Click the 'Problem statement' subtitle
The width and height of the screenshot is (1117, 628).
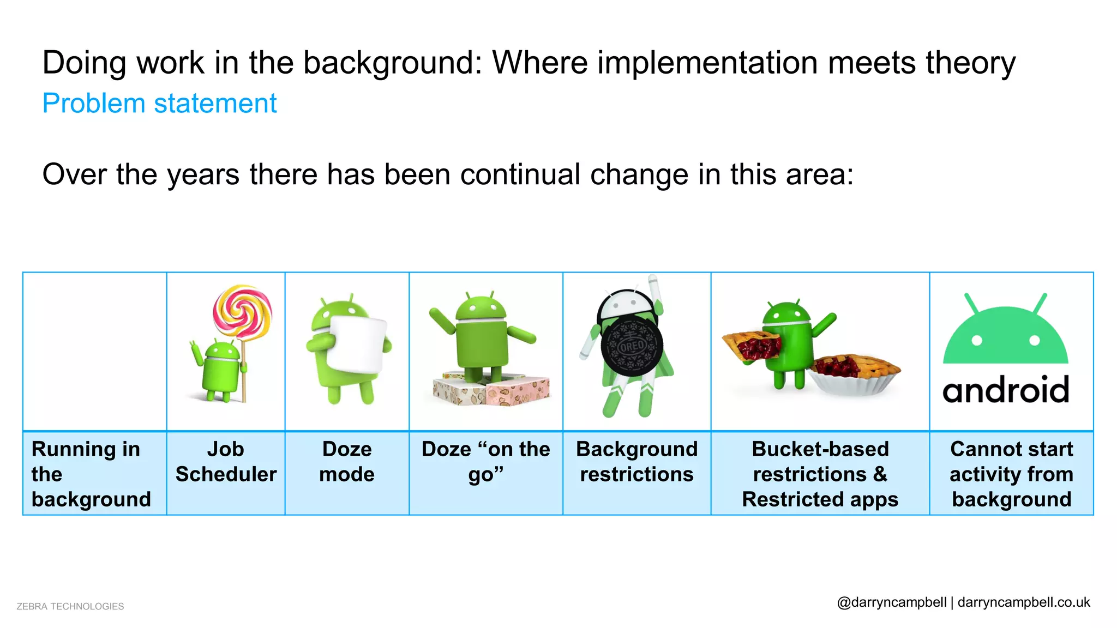(x=159, y=104)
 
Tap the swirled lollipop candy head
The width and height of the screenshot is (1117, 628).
(x=242, y=311)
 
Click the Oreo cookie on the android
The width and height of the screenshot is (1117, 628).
(x=632, y=347)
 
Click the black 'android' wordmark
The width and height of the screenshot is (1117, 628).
(x=1006, y=390)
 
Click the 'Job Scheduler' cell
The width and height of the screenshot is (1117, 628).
(x=226, y=462)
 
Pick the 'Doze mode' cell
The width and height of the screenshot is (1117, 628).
(x=347, y=462)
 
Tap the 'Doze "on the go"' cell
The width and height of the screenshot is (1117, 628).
(x=485, y=462)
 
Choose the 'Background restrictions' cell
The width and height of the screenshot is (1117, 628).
(x=636, y=462)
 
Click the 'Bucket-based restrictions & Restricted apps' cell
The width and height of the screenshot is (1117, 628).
(x=820, y=474)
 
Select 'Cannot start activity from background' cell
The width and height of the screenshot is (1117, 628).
(x=1011, y=474)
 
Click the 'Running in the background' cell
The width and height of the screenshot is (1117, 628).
(x=92, y=474)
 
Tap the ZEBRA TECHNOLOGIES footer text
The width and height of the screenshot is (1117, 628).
(x=70, y=606)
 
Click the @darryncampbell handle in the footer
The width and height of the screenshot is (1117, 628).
(x=892, y=602)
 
